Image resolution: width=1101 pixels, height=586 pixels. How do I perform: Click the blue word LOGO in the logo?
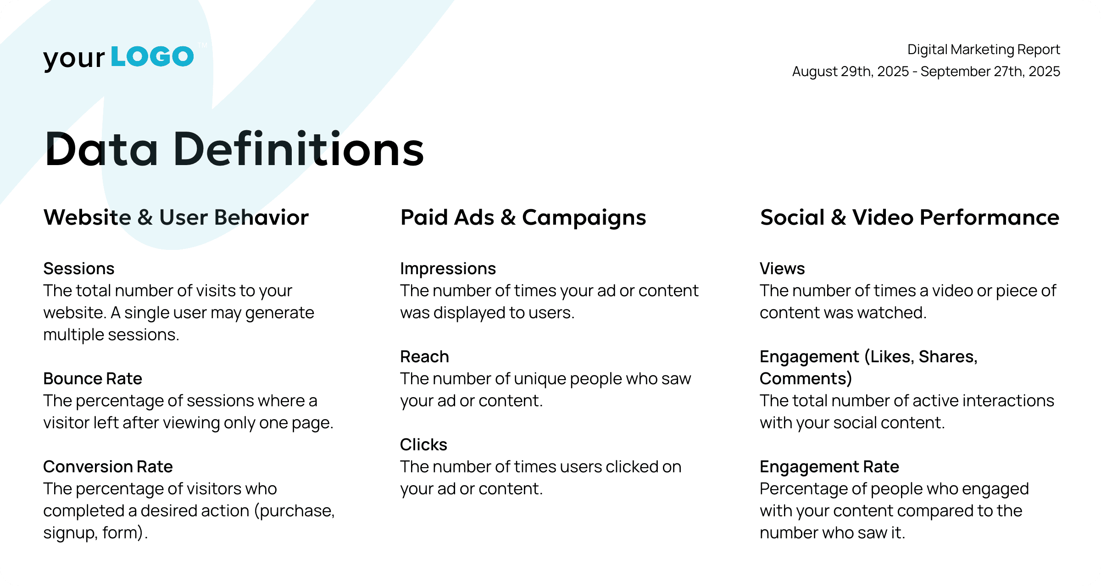pyautogui.click(x=152, y=57)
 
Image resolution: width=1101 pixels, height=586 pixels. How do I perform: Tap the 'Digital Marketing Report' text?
pyautogui.click(x=984, y=50)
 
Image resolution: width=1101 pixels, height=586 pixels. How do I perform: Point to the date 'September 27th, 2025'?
pyautogui.click(x=990, y=72)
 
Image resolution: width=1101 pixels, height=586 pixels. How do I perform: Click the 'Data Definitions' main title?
pyautogui.click(x=234, y=149)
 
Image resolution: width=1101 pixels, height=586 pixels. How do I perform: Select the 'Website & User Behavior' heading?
pyautogui.click(x=176, y=217)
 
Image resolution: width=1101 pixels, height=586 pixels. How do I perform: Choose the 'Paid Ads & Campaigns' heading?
pyautogui.click(x=523, y=218)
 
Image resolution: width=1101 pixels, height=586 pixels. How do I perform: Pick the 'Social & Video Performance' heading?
pyautogui.click(x=909, y=217)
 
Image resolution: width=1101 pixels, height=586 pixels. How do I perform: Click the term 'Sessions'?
pyautogui.click(x=79, y=269)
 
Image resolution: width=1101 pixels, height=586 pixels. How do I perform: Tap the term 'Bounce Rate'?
pyautogui.click(x=93, y=379)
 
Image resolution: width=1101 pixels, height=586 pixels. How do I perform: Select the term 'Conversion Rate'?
pyautogui.click(x=108, y=467)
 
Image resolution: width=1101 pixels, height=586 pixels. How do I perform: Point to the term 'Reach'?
pyautogui.click(x=424, y=357)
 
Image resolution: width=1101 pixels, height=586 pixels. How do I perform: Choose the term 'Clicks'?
pyautogui.click(x=423, y=445)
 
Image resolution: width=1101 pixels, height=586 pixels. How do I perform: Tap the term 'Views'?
pyautogui.click(x=782, y=269)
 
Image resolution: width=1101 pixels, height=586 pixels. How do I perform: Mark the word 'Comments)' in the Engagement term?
pyautogui.click(x=806, y=379)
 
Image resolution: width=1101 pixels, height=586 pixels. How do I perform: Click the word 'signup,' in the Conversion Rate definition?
pyautogui.click(x=70, y=533)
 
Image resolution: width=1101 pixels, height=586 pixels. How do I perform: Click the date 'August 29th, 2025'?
pyautogui.click(x=851, y=72)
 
